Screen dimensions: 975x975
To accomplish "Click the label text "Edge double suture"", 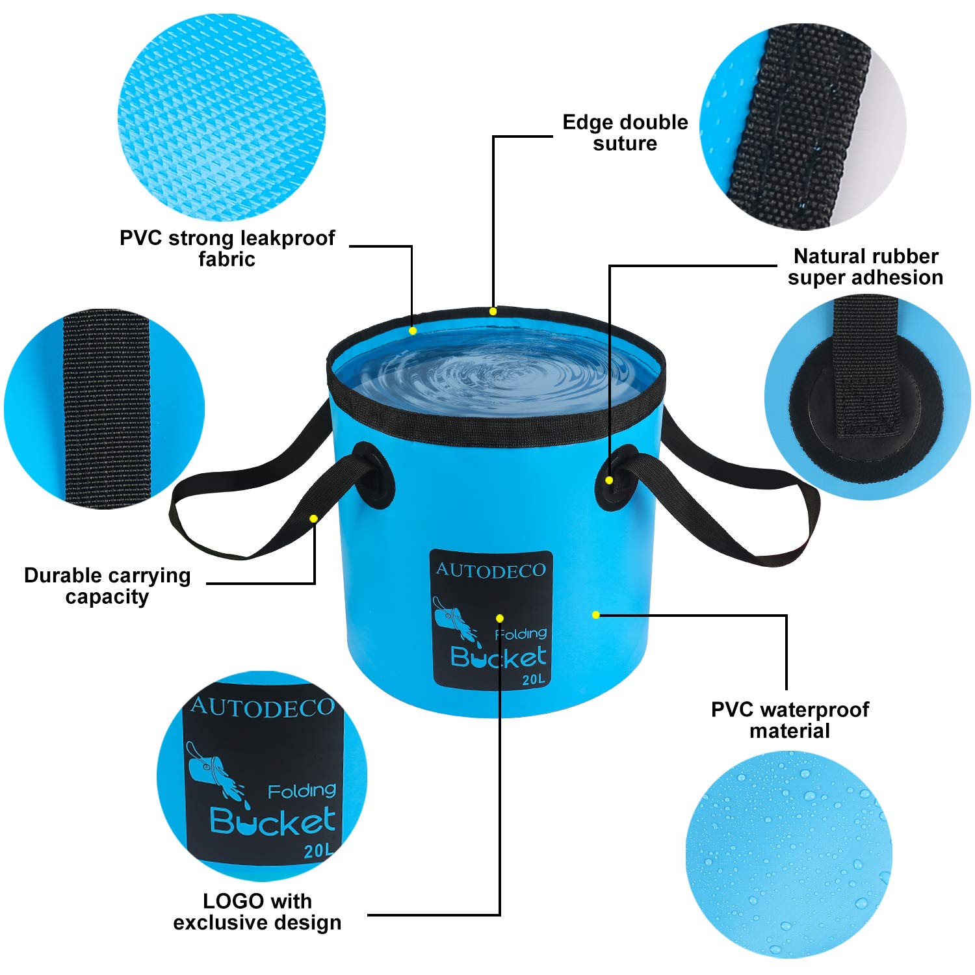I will pos(625,133).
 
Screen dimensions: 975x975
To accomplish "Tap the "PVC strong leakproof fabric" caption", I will pos(227,248).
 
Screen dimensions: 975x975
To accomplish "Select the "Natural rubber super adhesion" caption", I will pos(865,266).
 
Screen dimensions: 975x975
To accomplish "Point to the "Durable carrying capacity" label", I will pos(107,586).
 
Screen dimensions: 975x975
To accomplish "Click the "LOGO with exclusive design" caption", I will pos(257,911).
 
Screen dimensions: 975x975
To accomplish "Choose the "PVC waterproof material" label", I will pos(790,720).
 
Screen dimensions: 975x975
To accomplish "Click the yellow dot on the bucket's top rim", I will pos(493,311).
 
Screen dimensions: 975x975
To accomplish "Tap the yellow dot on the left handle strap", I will pos(313,519).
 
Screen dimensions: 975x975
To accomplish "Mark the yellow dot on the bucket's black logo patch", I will pos(499,618).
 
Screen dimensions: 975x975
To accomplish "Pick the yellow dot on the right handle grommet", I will pos(609,480).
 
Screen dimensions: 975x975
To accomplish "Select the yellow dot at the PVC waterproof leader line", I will pos(595,614).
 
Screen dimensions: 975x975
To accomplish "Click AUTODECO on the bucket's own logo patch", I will pos(491,570).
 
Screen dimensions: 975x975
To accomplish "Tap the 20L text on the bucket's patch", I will pos(532,680).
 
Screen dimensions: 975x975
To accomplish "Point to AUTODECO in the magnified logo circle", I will pos(263,707).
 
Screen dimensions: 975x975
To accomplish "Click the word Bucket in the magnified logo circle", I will pos(273,822).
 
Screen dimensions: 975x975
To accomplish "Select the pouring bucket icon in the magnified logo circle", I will pos(211,770).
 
